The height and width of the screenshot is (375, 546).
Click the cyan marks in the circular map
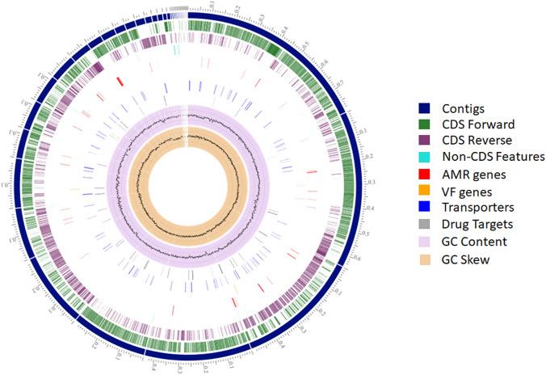(x=176, y=50)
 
